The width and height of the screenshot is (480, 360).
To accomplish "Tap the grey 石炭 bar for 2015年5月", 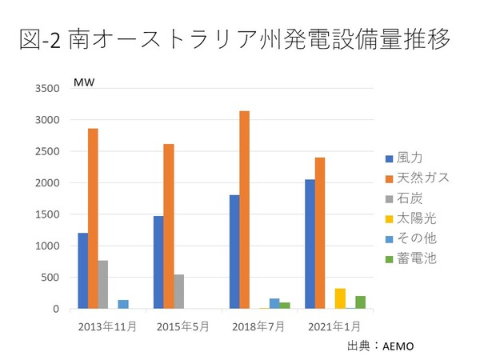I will (x=178, y=291).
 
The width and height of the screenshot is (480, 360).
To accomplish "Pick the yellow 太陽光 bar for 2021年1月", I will (x=340, y=298).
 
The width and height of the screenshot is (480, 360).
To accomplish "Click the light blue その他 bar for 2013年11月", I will (x=123, y=304).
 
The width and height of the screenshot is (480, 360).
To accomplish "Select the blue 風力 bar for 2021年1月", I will (x=310, y=244).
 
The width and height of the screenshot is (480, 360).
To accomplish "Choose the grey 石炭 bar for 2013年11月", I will (x=103, y=284).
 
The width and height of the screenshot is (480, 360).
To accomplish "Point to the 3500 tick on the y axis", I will (x=48, y=89).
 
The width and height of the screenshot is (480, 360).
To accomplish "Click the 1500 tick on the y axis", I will (x=48, y=214).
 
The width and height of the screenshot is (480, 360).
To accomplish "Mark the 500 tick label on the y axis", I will (x=51, y=278).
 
